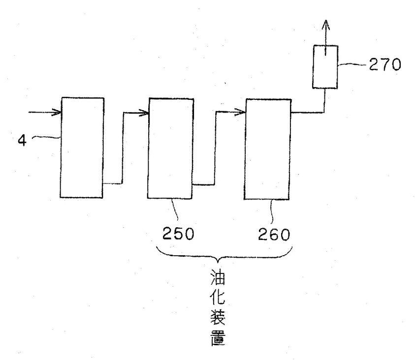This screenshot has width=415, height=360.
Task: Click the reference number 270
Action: point(385,64)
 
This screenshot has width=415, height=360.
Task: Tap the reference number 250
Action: point(178,234)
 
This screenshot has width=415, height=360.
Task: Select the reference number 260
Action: point(274,235)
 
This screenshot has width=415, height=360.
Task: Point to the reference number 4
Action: point(22,140)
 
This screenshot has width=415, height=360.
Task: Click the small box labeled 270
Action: point(325,67)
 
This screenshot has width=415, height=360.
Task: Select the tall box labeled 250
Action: point(170,149)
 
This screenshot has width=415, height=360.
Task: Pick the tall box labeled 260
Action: point(268,150)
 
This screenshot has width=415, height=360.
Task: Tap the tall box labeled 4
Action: point(82,148)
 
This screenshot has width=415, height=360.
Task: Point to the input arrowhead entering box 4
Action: point(57,112)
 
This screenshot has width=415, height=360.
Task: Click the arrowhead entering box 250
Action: point(144,113)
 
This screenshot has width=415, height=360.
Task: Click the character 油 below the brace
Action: point(218,277)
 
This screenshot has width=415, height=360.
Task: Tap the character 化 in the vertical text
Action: point(218,298)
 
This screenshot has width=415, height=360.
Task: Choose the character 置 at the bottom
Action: point(218,338)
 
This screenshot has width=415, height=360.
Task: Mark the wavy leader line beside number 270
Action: point(353,64)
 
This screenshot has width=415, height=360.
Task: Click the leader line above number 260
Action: point(271,210)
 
